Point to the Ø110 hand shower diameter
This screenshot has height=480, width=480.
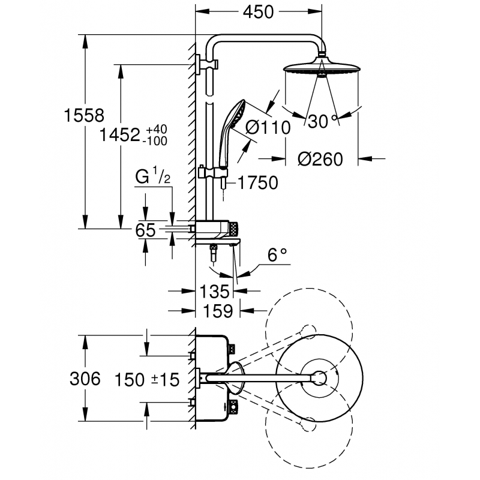[268, 127]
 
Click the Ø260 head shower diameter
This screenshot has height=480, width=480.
[320, 159]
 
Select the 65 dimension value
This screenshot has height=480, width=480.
[146, 230]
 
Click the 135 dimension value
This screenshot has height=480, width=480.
[215, 292]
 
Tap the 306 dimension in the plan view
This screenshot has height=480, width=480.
[83, 380]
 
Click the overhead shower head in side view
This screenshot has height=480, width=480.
[321, 66]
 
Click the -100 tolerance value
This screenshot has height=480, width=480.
[155, 141]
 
